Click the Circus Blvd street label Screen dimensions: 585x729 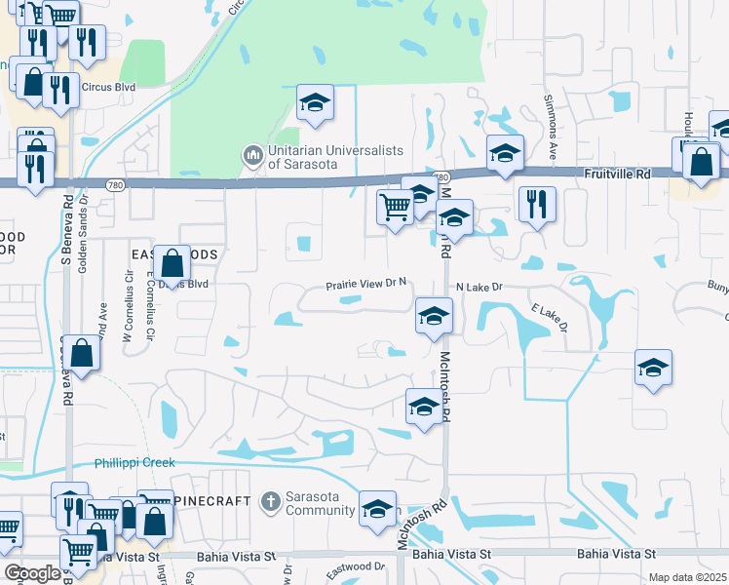[108, 86]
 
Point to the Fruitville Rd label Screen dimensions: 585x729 [617, 173]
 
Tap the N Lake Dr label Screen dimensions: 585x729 [479, 288]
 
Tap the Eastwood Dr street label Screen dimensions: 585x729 [357, 565]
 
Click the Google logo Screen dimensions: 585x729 [32, 573]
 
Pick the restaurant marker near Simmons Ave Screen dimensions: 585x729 [537, 204]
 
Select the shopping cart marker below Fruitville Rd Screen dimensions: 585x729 [395, 207]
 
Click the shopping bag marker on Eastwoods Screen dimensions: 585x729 [172, 263]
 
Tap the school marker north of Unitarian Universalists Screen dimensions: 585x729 [316, 103]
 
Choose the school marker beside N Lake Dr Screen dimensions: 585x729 [435, 316]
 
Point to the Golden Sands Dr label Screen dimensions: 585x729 [83, 224]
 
